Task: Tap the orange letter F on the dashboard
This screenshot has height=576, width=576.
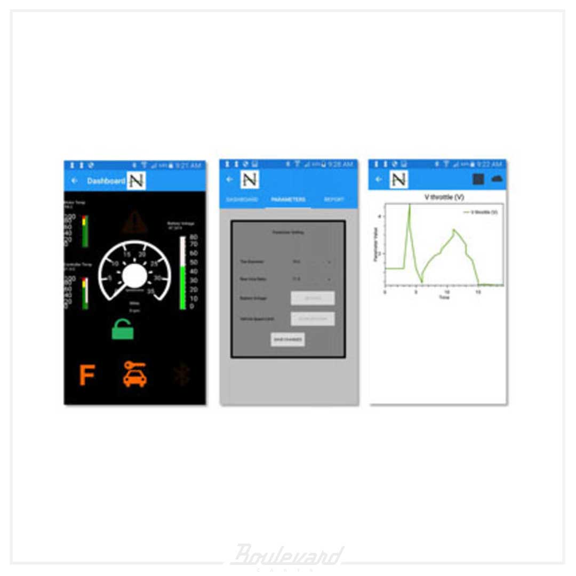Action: [x=87, y=375]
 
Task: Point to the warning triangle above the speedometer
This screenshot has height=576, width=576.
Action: [x=134, y=222]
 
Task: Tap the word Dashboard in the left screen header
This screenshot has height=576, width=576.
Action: [x=106, y=181]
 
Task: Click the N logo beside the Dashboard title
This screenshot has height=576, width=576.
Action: [x=137, y=181]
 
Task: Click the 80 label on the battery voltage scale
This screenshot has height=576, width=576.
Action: [x=194, y=237]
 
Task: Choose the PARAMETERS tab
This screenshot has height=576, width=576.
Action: [x=288, y=199]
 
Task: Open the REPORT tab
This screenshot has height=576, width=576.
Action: [x=334, y=199]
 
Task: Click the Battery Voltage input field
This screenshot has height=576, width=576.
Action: [x=313, y=298]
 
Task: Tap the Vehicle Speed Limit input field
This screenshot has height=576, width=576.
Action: [x=313, y=319]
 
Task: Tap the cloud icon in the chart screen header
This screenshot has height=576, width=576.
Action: [x=497, y=179]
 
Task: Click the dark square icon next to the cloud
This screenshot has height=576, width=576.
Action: [x=478, y=179]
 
